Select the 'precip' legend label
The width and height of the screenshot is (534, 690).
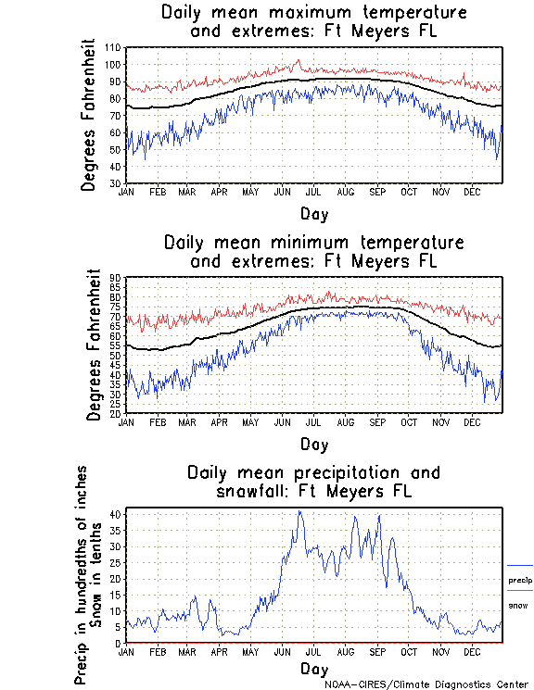(520, 581)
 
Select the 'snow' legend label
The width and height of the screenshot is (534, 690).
(518, 605)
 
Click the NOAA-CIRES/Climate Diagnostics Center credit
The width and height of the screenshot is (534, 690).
(426, 684)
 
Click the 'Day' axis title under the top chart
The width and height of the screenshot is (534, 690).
(313, 214)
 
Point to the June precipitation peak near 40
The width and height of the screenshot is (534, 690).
(299, 512)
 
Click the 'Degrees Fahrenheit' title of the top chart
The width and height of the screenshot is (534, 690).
(89, 114)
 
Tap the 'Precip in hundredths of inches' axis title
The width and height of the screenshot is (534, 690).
(82, 574)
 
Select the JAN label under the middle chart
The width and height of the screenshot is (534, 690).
(127, 421)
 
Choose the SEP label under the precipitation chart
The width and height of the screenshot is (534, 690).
(376, 651)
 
